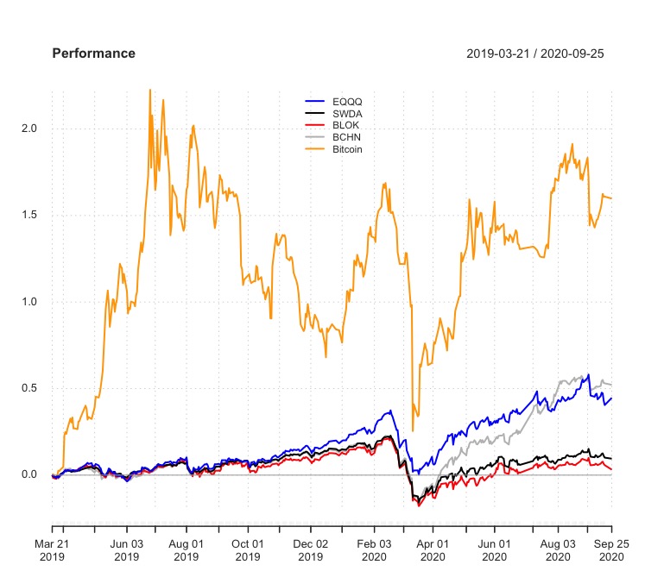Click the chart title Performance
94,53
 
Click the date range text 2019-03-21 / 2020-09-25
534,53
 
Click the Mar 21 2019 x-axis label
52,551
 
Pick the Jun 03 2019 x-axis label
127,551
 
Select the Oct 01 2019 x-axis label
248,551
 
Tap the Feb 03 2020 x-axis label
374,551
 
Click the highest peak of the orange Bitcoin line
150,90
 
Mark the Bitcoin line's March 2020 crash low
413,430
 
